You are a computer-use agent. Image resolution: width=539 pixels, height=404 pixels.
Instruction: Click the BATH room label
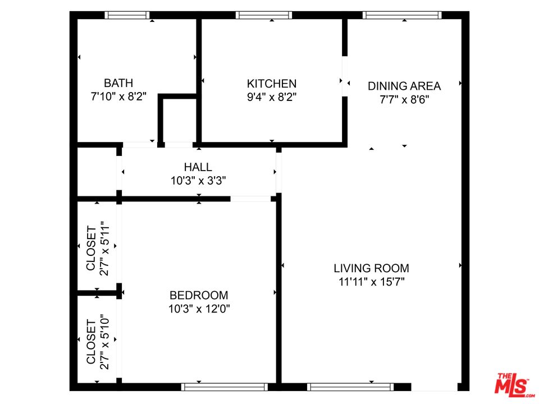[x=118, y=83]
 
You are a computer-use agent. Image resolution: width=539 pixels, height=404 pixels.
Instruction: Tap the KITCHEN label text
[x=272, y=84]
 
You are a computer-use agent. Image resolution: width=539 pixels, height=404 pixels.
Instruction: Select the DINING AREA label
[x=404, y=86]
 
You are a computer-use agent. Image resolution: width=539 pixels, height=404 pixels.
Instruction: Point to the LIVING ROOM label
[x=371, y=268]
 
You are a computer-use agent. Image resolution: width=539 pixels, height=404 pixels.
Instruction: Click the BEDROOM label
[x=199, y=296]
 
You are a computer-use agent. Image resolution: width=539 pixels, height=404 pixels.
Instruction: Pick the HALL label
[x=198, y=167]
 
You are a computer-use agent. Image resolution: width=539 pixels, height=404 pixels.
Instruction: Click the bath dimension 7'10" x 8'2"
[x=118, y=97]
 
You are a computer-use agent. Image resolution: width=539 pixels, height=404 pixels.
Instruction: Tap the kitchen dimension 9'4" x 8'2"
[x=272, y=97]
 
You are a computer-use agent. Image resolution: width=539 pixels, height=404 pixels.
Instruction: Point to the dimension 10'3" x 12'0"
[x=199, y=309]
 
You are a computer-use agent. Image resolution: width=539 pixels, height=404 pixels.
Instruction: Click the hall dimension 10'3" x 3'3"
[x=198, y=181]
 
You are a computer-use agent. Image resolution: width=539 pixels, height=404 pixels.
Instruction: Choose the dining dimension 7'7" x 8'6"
[x=404, y=100]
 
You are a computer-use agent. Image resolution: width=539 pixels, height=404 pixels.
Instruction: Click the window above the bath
[x=127, y=15]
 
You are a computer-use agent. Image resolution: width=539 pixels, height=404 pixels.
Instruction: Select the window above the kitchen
[x=264, y=15]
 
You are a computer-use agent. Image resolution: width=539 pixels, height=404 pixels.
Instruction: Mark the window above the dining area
[x=402, y=15]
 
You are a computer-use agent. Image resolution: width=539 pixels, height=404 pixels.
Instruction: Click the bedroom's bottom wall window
[x=225, y=387]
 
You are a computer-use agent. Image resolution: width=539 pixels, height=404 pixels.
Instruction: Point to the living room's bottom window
[x=350, y=387]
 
